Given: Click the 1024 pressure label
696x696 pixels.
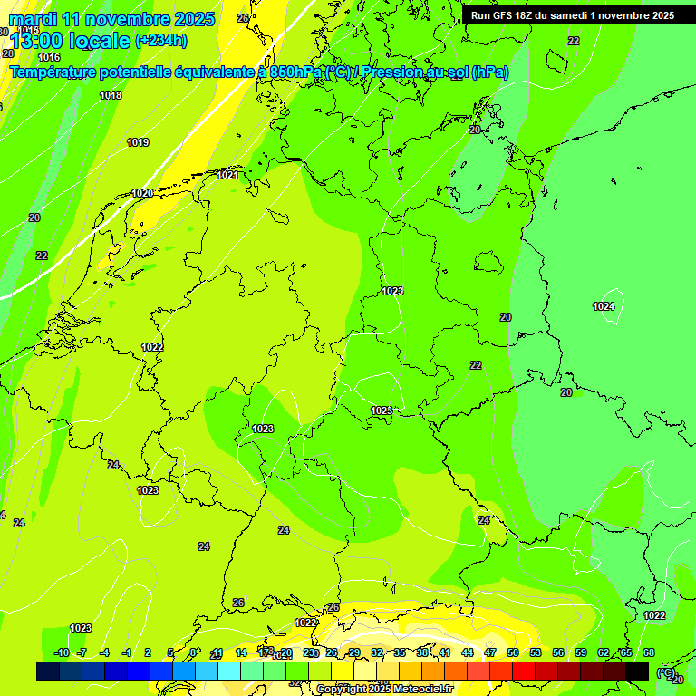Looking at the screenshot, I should pyautogui.click(x=604, y=306).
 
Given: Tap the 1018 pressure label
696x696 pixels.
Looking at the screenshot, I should pyautogui.click(x=111, y=95).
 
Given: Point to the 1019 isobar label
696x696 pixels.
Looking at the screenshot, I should pyautogui.click(x=138, y=142).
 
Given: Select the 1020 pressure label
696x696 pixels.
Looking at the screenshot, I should pyautogui.click(x=142, y=193).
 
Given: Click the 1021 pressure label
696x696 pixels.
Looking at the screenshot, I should pyautogui.click(x=227, y=175).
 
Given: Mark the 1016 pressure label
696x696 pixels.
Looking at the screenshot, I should pyautogui.click(x=49, y=57).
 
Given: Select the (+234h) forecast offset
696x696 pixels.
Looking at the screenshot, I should pyautogui.click(x=160, y=40).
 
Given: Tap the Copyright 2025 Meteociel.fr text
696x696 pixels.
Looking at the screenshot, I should pyautogui.click(x=384, y=689).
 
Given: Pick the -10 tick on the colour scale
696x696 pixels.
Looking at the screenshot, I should pyautogui.click(x=62, y=652).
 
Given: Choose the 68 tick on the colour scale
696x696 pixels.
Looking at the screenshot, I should pyautogui.click(x=649, y=652).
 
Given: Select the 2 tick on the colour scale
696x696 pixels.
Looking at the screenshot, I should pyautogui.click(x=148, y=652).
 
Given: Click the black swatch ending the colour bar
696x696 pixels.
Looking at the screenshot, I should pyautogui.click(x=637, y=671).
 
